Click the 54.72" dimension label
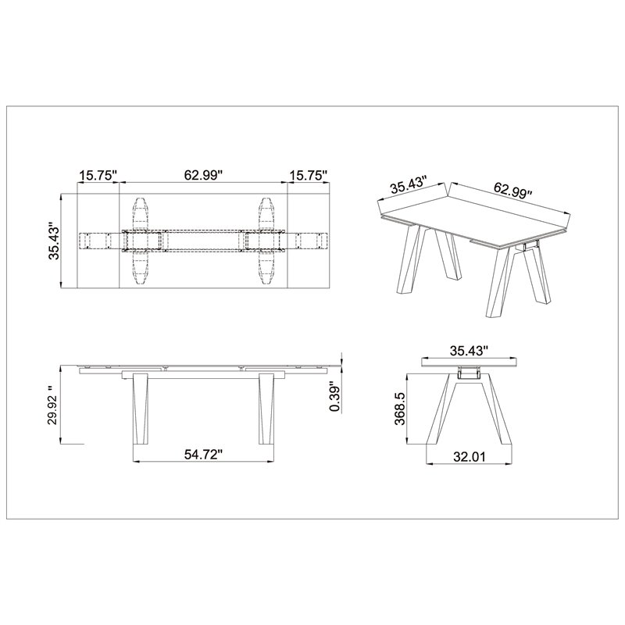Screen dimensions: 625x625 [203, 454]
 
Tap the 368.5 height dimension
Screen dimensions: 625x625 [400, 408]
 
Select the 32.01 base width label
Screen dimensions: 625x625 [470, 456]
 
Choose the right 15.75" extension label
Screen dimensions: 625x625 [309, 175]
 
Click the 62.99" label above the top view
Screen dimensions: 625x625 [203, 175]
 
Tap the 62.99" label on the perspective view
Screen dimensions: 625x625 [512, 190]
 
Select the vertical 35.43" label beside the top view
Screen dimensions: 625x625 [54, 241]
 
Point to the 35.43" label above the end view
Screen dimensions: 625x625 [470, 351]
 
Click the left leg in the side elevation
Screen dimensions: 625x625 [141, 409]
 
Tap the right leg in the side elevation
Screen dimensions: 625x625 [266, 409]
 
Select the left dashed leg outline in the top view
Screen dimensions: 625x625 [141, 241]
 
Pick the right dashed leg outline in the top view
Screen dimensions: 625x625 [266, 241]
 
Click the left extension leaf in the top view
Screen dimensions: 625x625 [98, 241]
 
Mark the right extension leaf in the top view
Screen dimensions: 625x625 [309, 241]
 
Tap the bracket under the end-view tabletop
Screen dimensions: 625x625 [468, 373]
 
